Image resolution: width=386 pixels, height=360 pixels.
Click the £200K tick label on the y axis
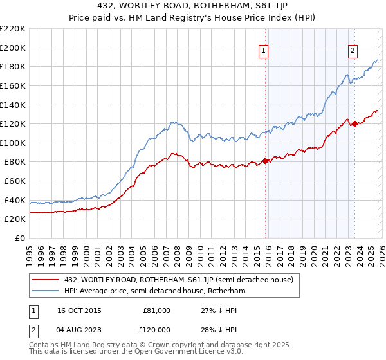[13, 48]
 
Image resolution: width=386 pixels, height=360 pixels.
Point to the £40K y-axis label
[15, 200]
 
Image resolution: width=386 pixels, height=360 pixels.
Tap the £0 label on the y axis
[20, 238]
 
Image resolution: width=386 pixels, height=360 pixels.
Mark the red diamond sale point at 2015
[265, 161]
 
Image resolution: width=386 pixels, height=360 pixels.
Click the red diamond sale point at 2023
[354, 124]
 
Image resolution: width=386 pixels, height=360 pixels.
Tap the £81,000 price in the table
[156, 310]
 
